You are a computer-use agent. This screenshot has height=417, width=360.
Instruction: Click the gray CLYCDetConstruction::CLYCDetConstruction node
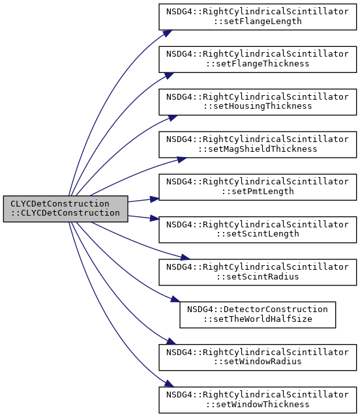(x=65, y=208)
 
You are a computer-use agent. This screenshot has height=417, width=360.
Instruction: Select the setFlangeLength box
(x=258, y=17)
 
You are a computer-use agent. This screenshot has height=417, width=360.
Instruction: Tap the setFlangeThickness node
(x=258, y=59)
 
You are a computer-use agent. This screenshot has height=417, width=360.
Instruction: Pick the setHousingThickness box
(x=258, y=102)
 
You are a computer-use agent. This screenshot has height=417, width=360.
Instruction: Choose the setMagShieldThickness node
(x=258, y=145)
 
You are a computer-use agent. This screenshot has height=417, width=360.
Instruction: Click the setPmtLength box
(x=258, y=187)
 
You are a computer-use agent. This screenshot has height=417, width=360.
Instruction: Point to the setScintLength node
(x=258, y=230)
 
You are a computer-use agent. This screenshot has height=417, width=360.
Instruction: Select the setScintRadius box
(x=258, y=272)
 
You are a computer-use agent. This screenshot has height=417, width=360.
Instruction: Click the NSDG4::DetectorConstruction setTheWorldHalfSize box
(x=258, y=315)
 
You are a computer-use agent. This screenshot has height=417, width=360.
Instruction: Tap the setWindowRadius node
(x=258, y=358)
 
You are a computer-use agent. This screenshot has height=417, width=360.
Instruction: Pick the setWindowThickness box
(x=258, y=400)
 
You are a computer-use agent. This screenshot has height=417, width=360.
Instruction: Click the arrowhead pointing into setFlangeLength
(x=168, y=33)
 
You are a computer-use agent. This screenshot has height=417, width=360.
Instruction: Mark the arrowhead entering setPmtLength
(x=155, y=199)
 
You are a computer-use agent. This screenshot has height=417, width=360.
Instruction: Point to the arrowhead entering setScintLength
(x=155, y=218)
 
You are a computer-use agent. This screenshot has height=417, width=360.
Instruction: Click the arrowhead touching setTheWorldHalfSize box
(x=175, y=299)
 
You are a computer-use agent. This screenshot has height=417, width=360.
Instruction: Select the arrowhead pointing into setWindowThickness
(x=169, y=384)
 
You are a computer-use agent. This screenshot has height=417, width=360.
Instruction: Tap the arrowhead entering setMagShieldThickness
(x=181, y=160)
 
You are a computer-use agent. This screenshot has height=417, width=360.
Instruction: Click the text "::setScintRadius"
(x=258, y=277)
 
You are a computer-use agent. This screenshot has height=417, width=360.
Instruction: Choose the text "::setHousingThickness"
(x=258, y=106)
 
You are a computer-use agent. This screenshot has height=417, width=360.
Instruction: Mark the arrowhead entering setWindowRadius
(x=171, y=341)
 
